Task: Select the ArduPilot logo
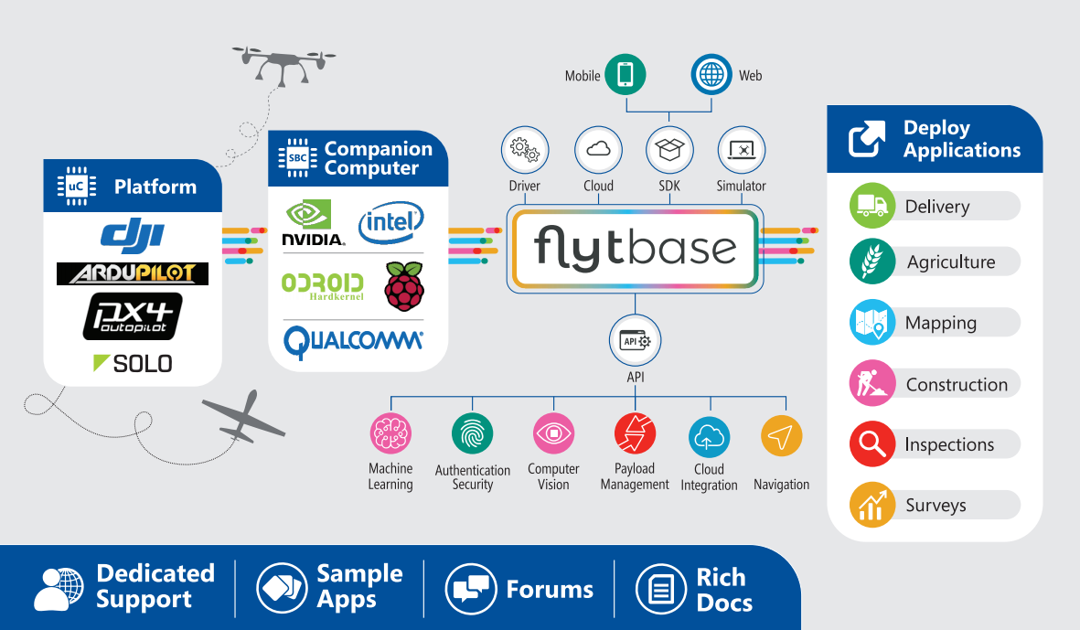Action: tap(132, 273)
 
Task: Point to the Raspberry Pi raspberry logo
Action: tap(404, 286)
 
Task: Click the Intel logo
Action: tap(390, 223)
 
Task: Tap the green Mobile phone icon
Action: tap(626, 75)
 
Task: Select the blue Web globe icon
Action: tap(711, 75)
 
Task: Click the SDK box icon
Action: tap(669, 149)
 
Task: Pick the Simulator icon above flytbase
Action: tap(741, 149)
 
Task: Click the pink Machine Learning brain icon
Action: tap(390, 434)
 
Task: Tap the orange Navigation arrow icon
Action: tap(781, 437)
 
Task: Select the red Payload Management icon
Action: tap(635, 434)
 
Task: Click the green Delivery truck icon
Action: tap(871, 206)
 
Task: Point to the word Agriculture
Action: tap(950, 262)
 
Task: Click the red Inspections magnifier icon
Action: tap(871, 444)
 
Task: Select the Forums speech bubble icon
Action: tap(470, 589)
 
